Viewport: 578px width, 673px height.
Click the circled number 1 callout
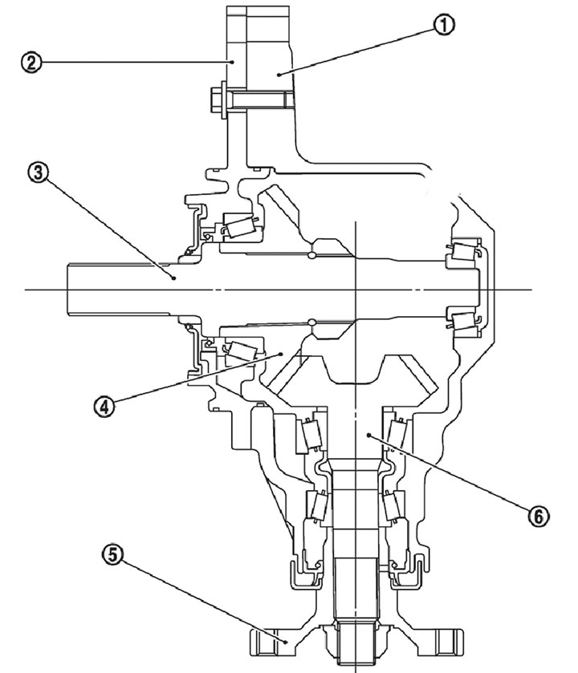click(444, 26)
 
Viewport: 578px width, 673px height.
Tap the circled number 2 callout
click(31, 63)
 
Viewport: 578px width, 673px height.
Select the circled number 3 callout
click(39, 172)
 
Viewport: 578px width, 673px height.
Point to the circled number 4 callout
click(104, 406)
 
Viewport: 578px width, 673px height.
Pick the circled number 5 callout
click(112, 554)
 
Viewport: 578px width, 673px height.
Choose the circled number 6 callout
click(539, 516)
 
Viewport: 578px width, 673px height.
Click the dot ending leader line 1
click(279, 75)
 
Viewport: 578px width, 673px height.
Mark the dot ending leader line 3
click(174, 278)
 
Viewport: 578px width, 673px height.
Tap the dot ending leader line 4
click(281, 354)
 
